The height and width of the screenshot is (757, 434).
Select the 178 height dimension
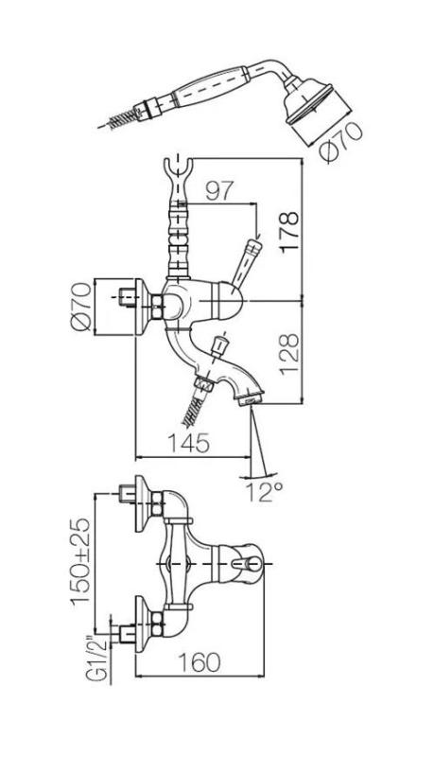(x=288, y=227)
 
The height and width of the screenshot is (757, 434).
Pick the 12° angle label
(x=268, y=489)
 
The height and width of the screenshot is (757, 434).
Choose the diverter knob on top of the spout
(x=219, y=344)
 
